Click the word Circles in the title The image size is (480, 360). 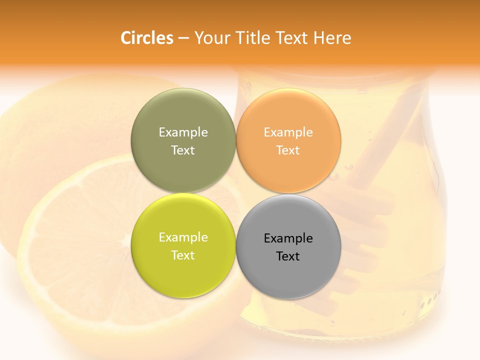[146, 38]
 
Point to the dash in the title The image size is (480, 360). [183, 38]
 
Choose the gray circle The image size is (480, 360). [288, 246]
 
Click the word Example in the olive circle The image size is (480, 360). [183, 132]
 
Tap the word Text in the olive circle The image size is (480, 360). [183, 150]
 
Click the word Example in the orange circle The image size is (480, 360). [288, 132]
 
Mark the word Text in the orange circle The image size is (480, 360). [288, 150]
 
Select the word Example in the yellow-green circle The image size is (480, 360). [183, 237]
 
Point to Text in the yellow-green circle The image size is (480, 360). [183, 255]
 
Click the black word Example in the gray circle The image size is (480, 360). [288, 238]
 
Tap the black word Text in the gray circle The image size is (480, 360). [288, 256]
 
